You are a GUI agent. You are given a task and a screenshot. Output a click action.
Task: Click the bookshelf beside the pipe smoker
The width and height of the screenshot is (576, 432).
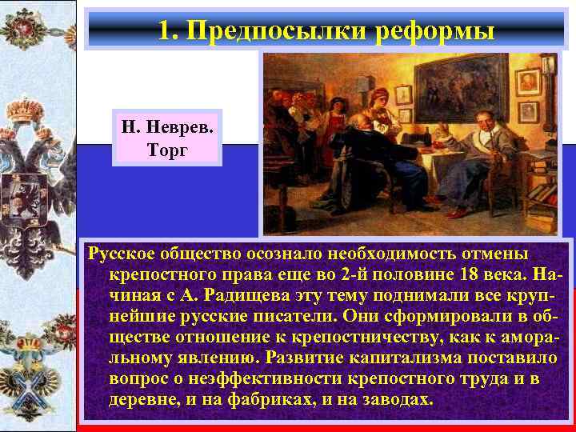pos(541,184)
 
